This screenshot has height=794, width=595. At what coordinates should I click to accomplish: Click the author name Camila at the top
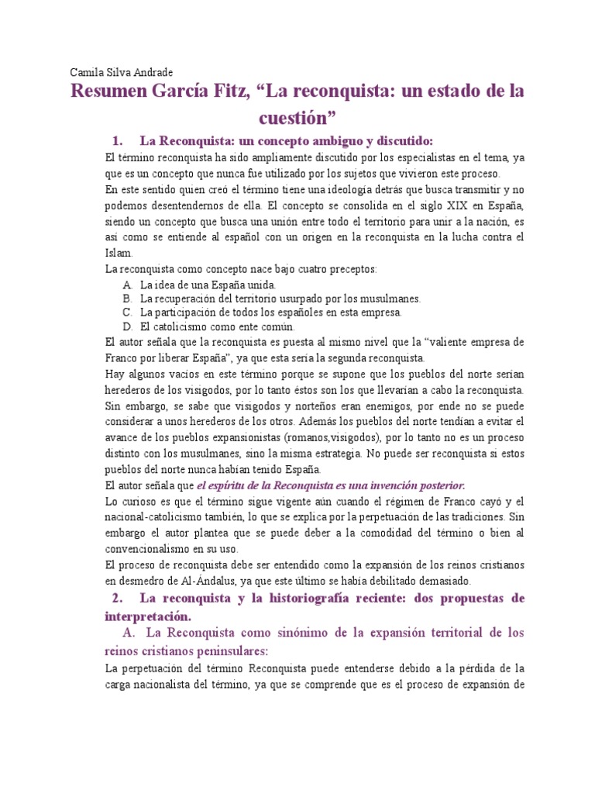[87, 72]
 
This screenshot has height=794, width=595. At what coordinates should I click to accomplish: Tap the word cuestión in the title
[297, 117]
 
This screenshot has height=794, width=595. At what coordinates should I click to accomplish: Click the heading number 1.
[118, 140]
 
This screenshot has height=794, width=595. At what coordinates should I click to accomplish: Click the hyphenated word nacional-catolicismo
[157, 516]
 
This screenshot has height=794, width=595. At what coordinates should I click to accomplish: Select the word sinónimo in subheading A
[288, 633]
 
